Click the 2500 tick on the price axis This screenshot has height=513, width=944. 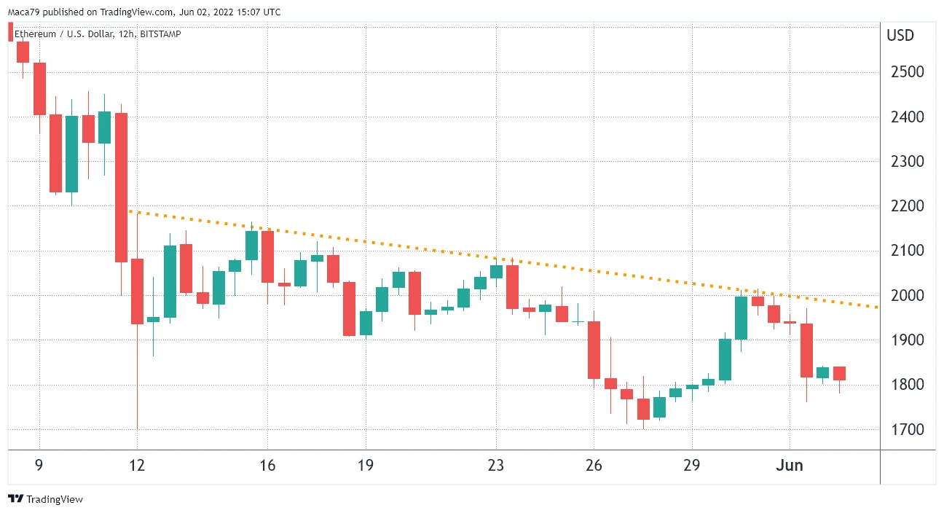click(908, 72)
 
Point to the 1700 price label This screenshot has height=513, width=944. click(908, 429)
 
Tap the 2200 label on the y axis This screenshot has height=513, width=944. click(908, 206)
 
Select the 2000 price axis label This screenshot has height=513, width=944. click(908, 296)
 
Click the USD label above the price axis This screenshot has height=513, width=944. click(900, 36)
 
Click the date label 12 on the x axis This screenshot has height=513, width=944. click(137, 466)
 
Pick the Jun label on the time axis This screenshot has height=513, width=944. click(790, 466)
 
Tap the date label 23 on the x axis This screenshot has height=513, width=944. click(496, 466)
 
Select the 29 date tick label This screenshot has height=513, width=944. click(691, 466)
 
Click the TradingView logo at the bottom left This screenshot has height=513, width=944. click(45, 499)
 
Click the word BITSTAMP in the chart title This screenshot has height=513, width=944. click(160, 34)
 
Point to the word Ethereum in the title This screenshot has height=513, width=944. click(35, 34)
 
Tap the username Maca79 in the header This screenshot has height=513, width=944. click(24, 12)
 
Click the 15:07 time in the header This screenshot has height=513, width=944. click(248, 12)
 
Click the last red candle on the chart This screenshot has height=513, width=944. click(839, 374)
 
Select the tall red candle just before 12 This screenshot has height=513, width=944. click(122, 187)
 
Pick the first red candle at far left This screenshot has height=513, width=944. click(23, 52)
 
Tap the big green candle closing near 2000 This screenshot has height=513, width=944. click(741, 318)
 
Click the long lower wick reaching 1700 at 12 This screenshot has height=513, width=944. click(138, 377)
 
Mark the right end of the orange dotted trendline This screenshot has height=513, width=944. click(877, 308)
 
